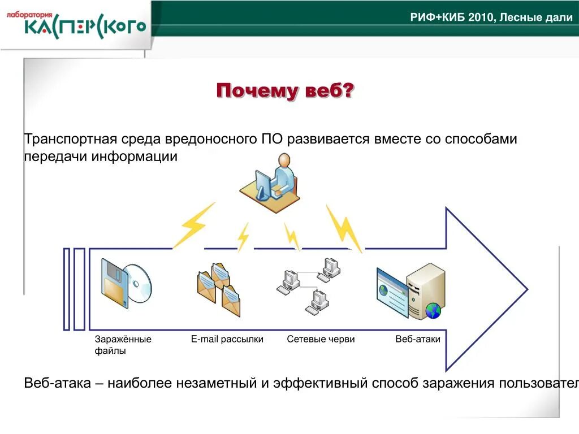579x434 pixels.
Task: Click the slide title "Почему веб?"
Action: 285,90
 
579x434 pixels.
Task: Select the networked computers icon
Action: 309,285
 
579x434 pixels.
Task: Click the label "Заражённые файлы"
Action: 123,345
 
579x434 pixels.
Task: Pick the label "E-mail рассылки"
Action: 227,339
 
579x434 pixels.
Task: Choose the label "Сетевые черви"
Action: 321,339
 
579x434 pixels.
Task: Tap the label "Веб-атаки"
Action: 418,339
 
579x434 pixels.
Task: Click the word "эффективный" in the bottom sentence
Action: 320,384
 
